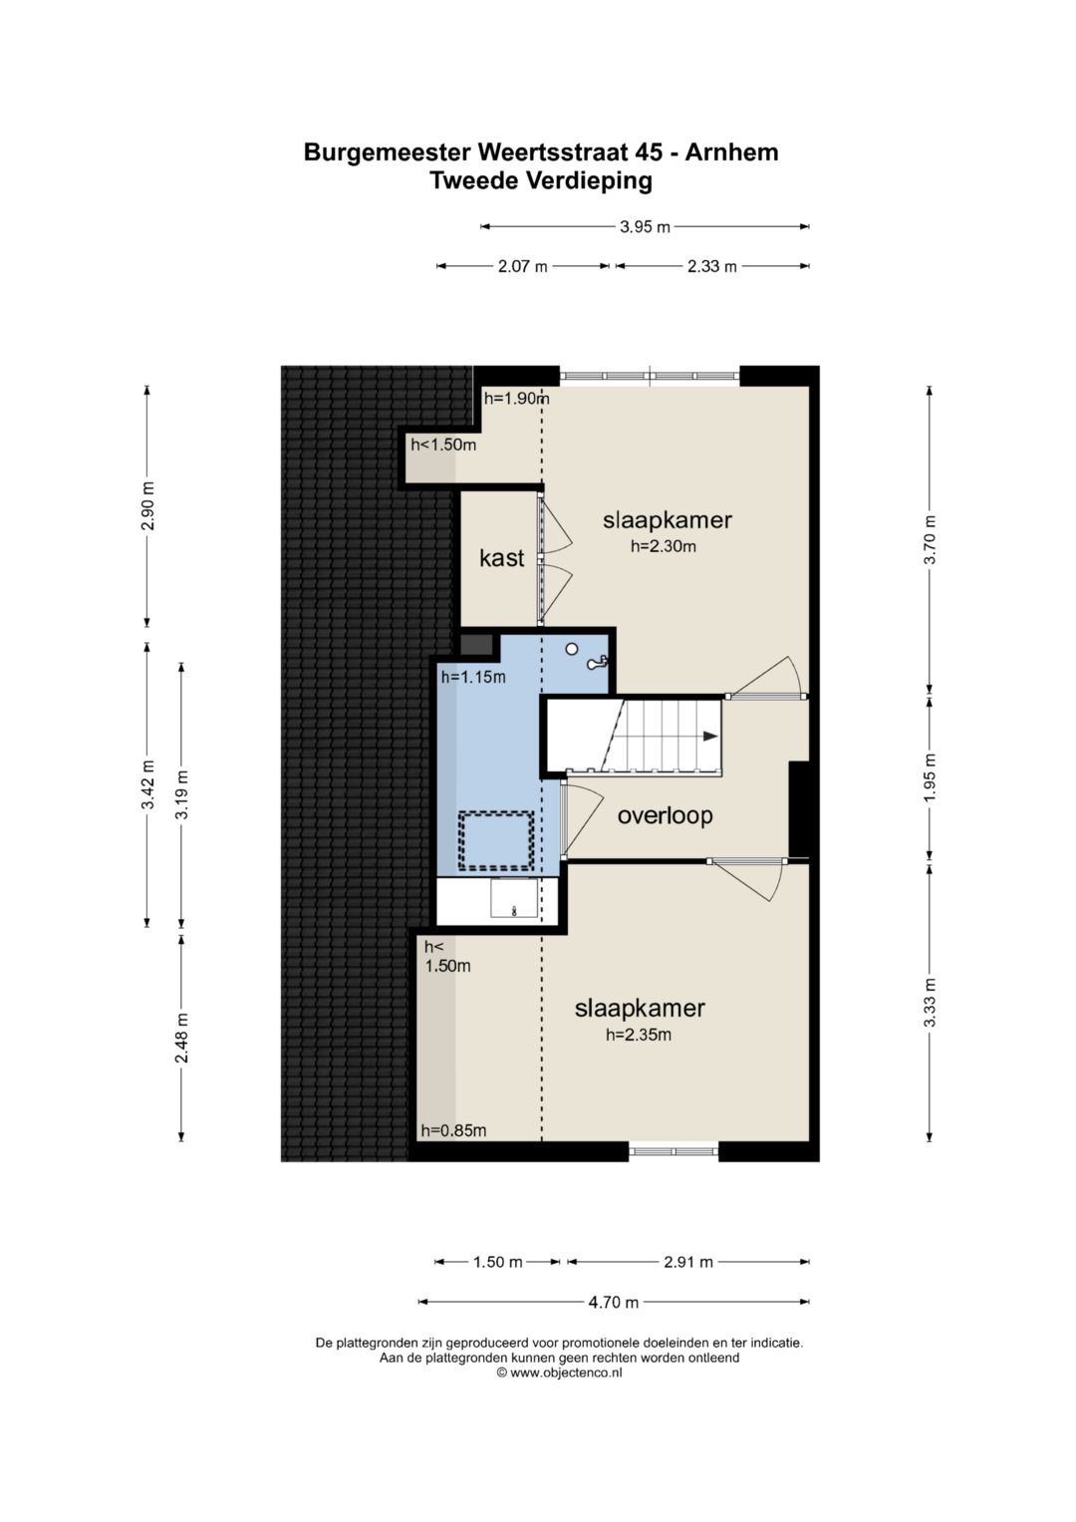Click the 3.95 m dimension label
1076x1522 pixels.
(644, 227)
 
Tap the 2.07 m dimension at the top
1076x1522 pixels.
(522, 266)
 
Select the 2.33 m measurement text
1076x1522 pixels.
(712, 266)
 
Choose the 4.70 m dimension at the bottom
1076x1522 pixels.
(613, 1302)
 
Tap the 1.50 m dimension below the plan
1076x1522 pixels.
(498, 1262)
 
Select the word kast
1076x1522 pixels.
(502, 558)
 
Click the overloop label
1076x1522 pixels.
(665, 815)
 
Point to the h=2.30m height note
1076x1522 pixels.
(663, 546)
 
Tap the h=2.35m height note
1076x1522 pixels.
(639, 1035)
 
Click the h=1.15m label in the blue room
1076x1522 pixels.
(473, 677)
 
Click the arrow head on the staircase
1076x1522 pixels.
(709, 736)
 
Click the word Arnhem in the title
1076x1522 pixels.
(731, 152)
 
